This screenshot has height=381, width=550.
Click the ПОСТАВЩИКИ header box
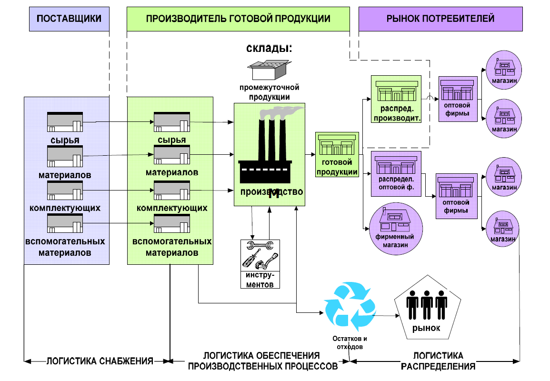point(69,19)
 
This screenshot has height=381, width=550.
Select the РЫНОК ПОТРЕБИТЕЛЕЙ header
point(440,19)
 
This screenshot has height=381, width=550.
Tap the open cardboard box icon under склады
point(269,70)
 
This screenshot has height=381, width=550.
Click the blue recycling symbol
point(350,306)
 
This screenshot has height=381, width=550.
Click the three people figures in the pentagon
point(427,304)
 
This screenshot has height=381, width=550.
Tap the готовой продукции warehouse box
point(337,154)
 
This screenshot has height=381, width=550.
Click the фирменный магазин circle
point(396,229)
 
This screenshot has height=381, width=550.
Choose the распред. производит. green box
point(396,99)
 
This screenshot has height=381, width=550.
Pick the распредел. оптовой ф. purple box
point(396,174)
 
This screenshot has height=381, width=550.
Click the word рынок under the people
point(426,329)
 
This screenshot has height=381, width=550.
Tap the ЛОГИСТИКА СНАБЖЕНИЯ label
point(100,361)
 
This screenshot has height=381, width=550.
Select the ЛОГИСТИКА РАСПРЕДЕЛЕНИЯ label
point(438,361)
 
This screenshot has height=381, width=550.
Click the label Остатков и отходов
point(350,343)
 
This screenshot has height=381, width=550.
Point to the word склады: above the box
point(269,48)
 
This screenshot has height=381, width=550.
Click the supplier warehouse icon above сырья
point(65,122)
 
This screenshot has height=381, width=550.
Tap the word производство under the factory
point(271,192)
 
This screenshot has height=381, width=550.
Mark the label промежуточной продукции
point(270,92)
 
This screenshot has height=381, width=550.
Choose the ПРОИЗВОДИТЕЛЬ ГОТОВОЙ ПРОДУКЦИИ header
point(238,19)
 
